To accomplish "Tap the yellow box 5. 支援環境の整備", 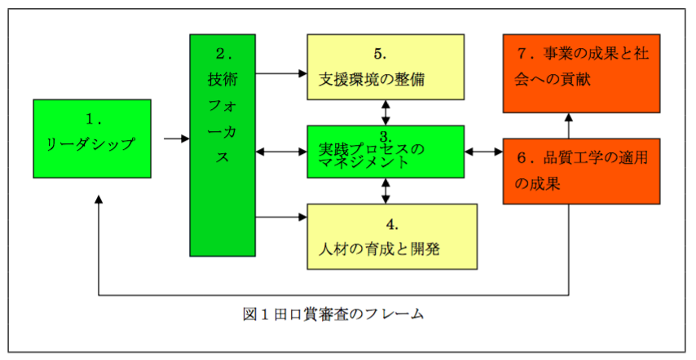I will pyautogui.click(x=385, y=66).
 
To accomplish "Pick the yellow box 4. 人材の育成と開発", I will pyautogui.click(x=391, y=235).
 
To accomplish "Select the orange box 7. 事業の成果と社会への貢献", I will pyautogui.click(x=581, y=72).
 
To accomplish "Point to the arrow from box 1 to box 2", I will pyautogui.click(x=176, y=138).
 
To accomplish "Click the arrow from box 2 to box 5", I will pyautogui.click(x=281, y=72).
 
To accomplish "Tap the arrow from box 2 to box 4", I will pyautogui.click(x=281, y=217).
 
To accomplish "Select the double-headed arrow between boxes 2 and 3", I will pyautogui.click(x=281, y=151).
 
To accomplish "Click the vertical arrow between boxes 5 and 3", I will pyautogui.click(x=385, y=112).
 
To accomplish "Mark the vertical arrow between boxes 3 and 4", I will pyautogui.click(x=385, y=190).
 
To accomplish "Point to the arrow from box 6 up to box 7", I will pyautogui.click(x=568, y=125).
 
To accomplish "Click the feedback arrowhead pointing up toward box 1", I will pyautogui.click(x=99, y=200).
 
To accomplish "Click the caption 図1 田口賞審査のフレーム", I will pyautogui.click(x=333, y=314).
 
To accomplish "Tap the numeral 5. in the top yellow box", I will pyautogui.click(x=380, y=54).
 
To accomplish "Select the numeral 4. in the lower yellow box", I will pyautogui.click(x=391, y=222).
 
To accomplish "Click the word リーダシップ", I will pyautogui.click(x=90, y=144).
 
